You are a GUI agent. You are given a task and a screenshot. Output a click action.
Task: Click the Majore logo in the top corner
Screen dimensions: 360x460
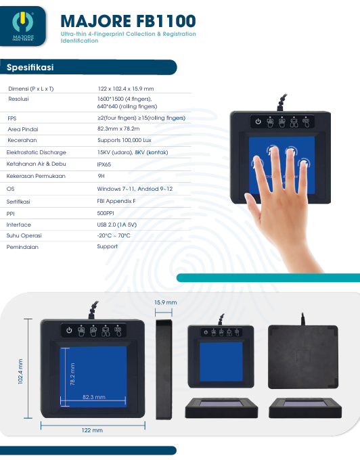click(x=23, y=26)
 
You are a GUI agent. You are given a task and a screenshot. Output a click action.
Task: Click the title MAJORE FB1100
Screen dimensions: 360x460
click(x=128, y=21)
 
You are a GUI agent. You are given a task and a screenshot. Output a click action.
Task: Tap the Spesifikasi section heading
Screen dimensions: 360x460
click(x=30, y=67)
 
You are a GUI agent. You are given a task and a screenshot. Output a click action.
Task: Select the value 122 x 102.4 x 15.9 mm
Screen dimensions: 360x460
click(x=126, y=89)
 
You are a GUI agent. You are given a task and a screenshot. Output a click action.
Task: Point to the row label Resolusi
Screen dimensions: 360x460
click(x=18, y=99)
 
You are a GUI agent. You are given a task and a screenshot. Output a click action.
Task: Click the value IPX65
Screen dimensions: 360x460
click(x=104, y=164)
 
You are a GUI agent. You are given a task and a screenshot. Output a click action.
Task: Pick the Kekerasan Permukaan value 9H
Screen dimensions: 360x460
click(x=101, y=176)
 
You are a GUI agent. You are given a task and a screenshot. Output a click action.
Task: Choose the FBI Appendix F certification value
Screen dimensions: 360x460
click(x=116, y=201)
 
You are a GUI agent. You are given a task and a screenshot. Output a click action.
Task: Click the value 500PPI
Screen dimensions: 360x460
click(x=106, y=213)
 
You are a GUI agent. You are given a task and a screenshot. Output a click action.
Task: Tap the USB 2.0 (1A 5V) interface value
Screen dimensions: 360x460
click(x=117, y=225)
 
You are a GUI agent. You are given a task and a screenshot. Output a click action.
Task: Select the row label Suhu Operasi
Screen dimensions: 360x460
click(x=24, y=235)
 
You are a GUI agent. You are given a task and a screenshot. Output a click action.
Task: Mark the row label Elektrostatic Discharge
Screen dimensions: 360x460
click(x=37, y=152)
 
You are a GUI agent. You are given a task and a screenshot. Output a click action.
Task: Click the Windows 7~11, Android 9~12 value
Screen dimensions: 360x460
click(x=135, y=189)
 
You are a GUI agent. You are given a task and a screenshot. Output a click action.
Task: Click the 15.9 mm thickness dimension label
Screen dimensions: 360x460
click(x=166, y=302)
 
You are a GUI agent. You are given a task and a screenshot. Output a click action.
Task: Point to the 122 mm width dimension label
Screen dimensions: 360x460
click(x=92, y=430)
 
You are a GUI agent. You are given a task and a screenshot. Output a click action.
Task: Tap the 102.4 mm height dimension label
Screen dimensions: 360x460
click(x=20, y=371)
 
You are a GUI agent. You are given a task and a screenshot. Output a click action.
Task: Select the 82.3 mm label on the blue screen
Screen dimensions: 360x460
click(x=94, y=397)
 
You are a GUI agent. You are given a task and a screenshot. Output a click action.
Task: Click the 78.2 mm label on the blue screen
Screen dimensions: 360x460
click(x=72, y=374)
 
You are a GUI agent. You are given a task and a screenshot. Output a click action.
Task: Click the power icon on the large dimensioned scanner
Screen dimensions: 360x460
click(x=69, y=330)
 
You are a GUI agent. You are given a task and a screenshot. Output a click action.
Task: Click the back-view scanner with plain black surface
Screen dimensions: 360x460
click(x=303, y=356)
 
